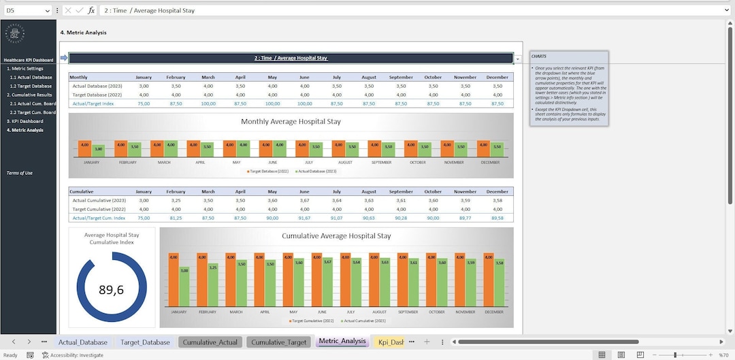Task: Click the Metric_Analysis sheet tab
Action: pos(342,342)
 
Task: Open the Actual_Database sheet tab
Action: pos(82,342)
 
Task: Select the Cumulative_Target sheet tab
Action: pos(278,342)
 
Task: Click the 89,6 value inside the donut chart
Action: pos(111,290)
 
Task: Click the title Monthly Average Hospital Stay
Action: pos(291,122)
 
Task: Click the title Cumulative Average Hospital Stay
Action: pos(336,236)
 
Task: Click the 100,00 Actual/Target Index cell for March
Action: pos(208,103)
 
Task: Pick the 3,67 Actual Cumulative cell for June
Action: pos(304,200)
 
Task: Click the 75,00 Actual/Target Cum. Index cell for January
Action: pos(144,218)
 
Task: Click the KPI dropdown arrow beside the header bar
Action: pos(518,59)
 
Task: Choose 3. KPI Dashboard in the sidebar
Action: pos(24,121)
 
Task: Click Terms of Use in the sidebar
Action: pos(19,173)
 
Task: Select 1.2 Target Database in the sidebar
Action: pos(31,86)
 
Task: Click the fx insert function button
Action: pos(91,11)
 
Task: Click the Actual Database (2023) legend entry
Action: pos(318,171)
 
